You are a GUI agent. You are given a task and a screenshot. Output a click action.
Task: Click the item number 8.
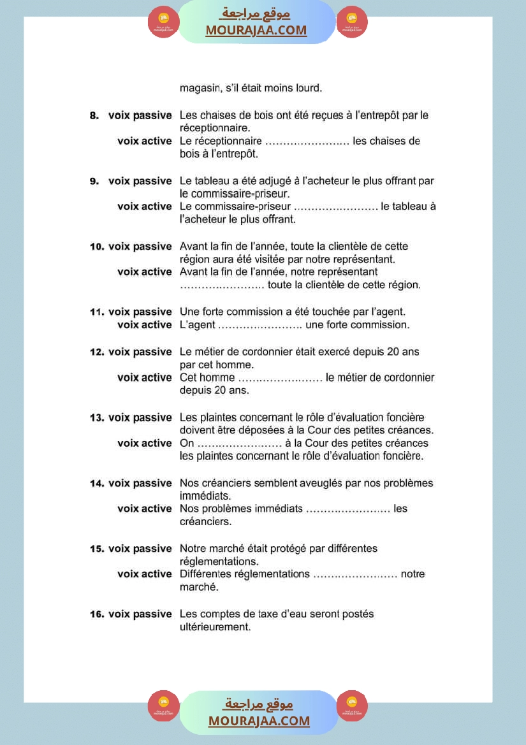tap(94, 116)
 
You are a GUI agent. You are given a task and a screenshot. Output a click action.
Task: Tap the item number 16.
tap(96, 614)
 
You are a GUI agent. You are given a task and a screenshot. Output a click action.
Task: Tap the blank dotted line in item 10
tap(222, 285)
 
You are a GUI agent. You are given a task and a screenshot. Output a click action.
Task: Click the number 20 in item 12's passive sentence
tap(393, 352)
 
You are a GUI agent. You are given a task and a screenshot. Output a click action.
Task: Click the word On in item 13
tap(187, 443)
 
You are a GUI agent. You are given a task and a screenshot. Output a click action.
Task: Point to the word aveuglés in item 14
tap(317, 483)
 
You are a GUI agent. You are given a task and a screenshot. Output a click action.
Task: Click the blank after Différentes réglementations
tap(355, 574)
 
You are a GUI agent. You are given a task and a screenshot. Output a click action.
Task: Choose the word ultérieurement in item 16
tap(215, 627)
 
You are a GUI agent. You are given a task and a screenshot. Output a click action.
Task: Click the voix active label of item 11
tap(144, 325)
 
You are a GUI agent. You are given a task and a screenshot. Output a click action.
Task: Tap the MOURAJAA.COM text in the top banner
tap(256, 30)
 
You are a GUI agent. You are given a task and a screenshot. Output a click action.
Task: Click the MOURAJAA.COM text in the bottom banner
tap(259, 721)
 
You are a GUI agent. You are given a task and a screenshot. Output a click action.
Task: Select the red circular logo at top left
tap(163, 22)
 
